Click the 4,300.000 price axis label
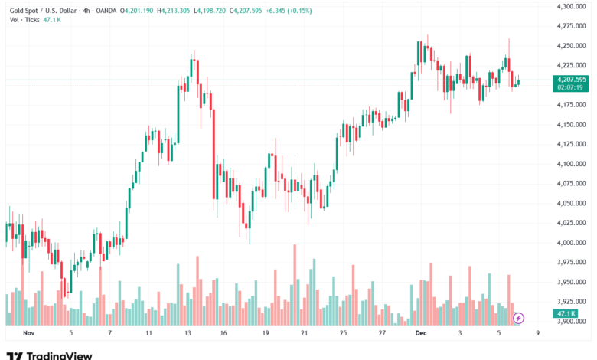570,6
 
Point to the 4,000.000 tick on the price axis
570,242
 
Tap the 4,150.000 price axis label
570,124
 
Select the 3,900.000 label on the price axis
570,321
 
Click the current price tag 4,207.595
572,79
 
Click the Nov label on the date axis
30,333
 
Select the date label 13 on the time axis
188,333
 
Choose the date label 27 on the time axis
382,333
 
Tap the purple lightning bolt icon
518,317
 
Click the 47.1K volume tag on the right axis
567,313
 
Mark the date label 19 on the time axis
266,333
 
